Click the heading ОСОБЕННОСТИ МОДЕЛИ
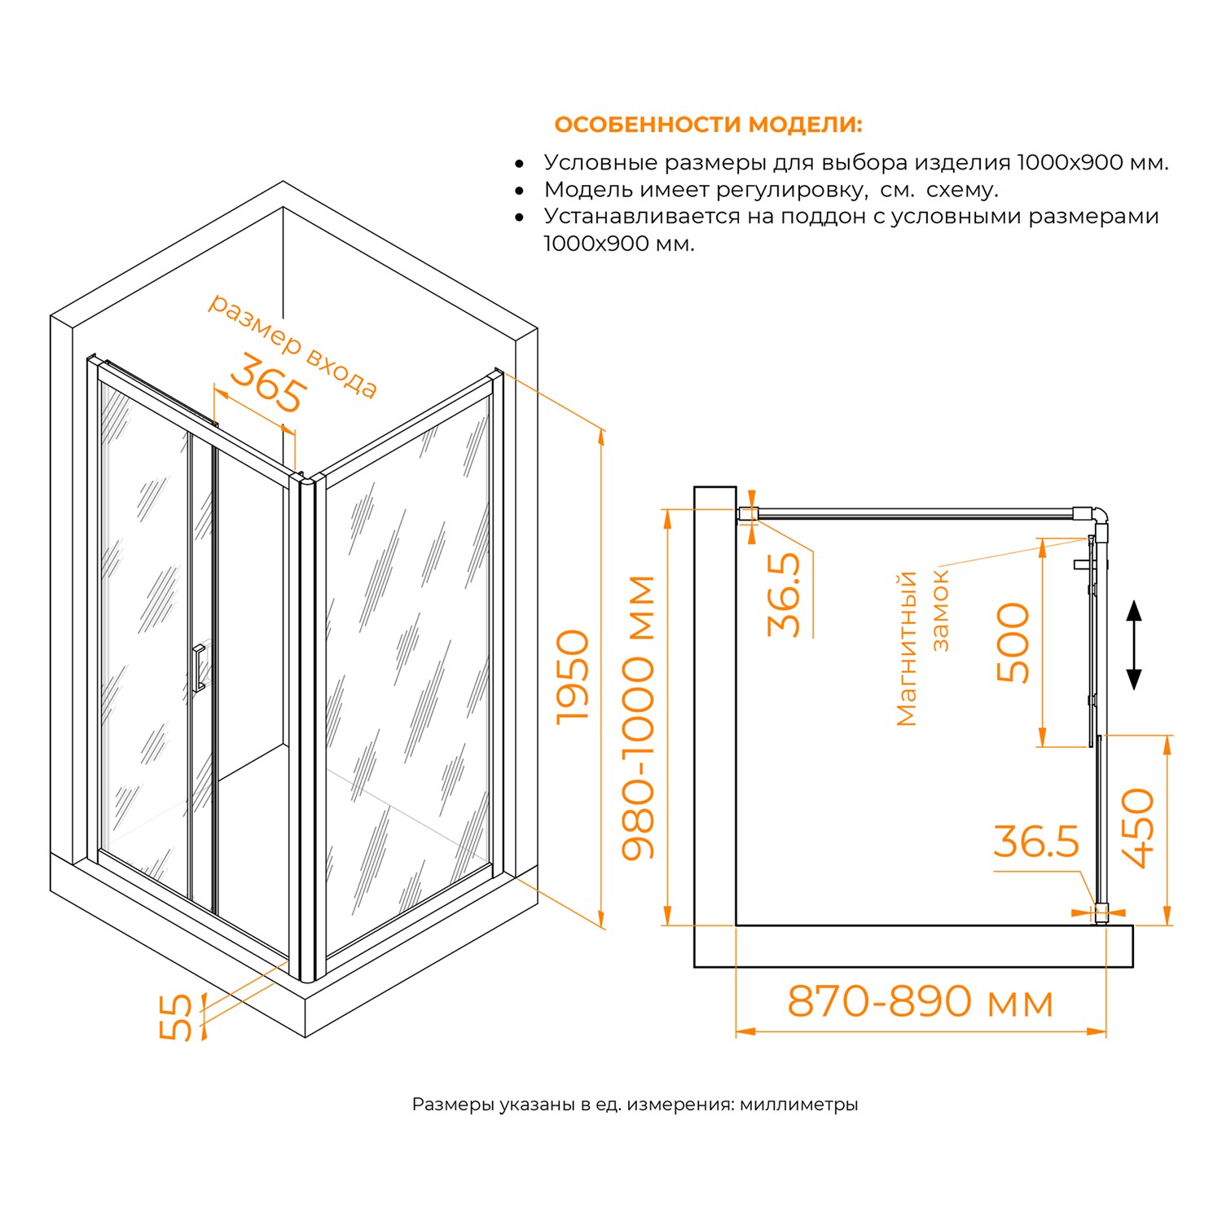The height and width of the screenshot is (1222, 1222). [x=707, y=125]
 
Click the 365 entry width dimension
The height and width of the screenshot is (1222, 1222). [x=269, y=385]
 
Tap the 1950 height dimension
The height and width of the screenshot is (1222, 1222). [x=573, y=676]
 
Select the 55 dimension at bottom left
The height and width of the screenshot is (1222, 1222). [x=176, y=1017]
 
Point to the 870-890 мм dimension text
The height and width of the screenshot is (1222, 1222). [x=920, y=1001]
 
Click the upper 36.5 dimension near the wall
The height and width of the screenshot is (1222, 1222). [x=785, y=595]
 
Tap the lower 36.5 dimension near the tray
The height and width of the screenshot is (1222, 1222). [x=1035, y=842]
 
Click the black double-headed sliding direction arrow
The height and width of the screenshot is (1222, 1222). [x=1133, y=644]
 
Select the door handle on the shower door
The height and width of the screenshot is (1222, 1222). [x=198, y=668]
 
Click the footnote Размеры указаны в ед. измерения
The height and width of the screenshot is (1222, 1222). [x=635, y=1105]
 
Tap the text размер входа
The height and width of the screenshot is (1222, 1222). [x=293, y=345]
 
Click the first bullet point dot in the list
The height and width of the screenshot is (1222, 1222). [x=520, y=164]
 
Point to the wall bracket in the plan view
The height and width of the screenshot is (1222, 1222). [x=748, y=513]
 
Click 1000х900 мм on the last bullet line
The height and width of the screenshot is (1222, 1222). [x=619, y=244]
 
